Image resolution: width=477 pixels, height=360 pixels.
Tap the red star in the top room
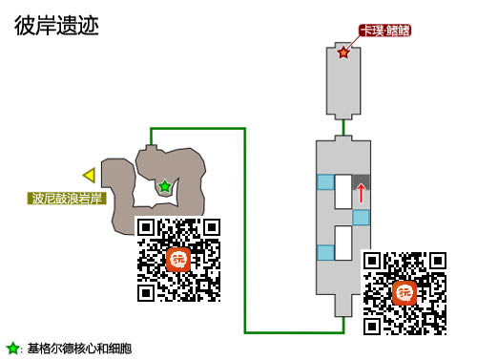pos(343,53)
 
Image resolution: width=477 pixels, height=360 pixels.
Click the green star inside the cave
pos(165,187)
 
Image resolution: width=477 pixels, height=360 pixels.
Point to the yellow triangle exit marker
pos(89,175)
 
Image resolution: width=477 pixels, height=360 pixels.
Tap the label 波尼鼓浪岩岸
pos(64,200)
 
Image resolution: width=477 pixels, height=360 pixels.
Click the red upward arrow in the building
pos(361,194)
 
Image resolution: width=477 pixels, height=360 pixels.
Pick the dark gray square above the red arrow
pos(361,180)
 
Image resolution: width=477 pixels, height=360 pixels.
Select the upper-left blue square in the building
pos(326,181)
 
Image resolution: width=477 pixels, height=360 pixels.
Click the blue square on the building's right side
pos(361,218)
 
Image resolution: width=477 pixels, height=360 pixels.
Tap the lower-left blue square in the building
pos(326,253)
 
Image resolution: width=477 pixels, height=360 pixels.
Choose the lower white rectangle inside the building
pos(343,245)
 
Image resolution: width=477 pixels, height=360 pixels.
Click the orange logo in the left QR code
pos(178,259)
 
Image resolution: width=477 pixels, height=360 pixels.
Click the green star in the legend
pos(12,349)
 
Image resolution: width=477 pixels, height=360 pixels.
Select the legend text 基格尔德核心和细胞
pos(78,349)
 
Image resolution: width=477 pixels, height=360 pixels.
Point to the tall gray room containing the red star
pos(343,86)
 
